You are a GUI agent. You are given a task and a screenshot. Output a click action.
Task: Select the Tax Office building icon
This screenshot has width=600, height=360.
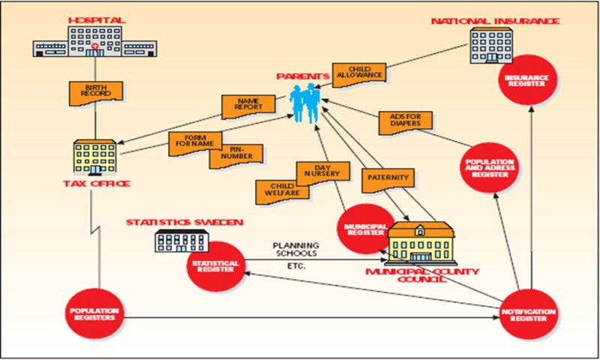pyautogui.click(x=94, y=157)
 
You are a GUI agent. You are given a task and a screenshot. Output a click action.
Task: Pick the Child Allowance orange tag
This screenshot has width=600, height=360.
pyautogui.click(x=359, y=73)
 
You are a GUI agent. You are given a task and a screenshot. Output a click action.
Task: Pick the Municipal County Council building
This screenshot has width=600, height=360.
pyautogui.click(x=421, y=243)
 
